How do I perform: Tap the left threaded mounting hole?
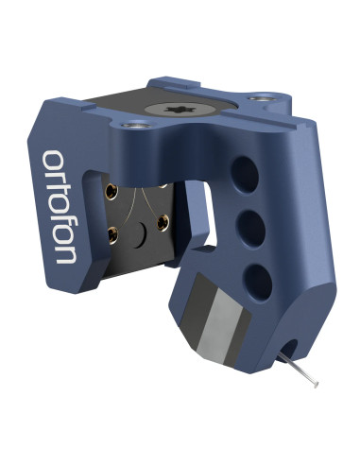pyautogui.click(x=137, y=126)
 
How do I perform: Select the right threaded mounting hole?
pyautogui.click(x=262, y=98)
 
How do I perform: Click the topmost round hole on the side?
pyautogui.click(x=245, y=174)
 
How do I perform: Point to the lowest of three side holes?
pyautogui.click(x=259, y=282)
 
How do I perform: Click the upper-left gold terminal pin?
pyautogui.click(x=111, y=192)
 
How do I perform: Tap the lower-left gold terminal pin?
pyautogui.click(x=112, y=235)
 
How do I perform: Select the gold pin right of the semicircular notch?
pyautogui.click(x=163, y=223)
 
